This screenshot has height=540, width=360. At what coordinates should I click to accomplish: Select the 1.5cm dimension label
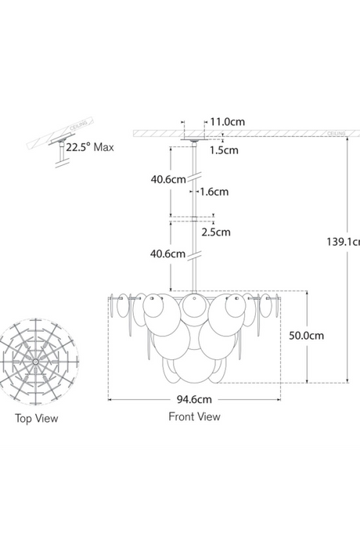click(x=225, y=150)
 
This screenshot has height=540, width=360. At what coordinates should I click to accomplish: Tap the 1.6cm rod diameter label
click(x=214, y=191)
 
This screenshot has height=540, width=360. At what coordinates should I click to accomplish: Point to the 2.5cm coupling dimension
click(x=217, y=231)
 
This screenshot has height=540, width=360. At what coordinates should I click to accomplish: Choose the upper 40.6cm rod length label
click(x=167, y=178)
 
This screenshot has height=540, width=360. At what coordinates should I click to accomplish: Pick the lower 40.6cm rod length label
click(x=167, y=254)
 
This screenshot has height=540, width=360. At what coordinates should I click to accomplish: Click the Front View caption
click(x=194, y=417)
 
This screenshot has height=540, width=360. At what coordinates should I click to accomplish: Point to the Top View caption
click(x=36, y=419)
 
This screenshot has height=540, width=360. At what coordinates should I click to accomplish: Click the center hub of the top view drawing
click(x=37, y=362)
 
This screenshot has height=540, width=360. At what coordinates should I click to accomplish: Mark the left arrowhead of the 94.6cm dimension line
click(x=110, y=399)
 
